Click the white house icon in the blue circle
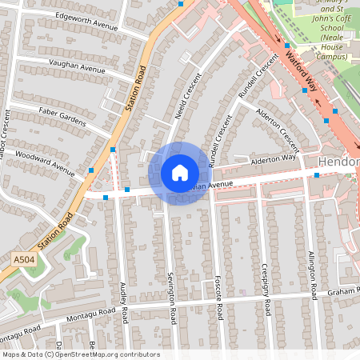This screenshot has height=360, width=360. pyautogui.click(x=179, y=173)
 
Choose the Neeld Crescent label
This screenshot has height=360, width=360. pyautogui.click(x=186, y=98)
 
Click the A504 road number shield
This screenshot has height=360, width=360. pyautogui.click(x=25, y=260)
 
